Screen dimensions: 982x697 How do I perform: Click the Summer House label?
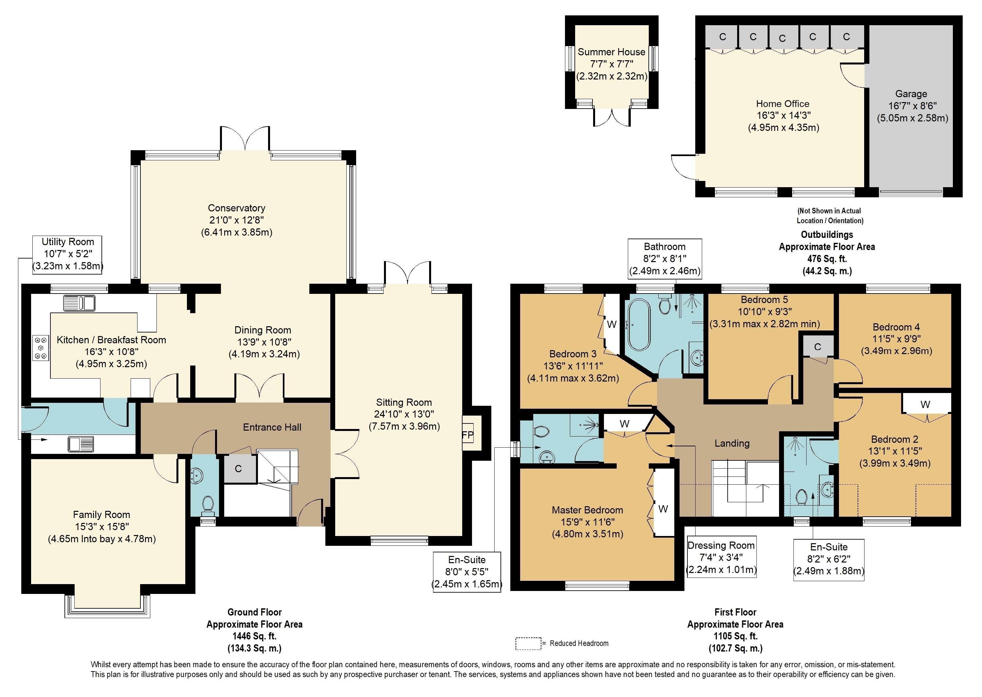tap(611, 52)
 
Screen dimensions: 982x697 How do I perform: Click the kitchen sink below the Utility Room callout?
tap(80, 303)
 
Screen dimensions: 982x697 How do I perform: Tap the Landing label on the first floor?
tap(732, 443)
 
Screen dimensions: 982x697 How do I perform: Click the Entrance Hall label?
tap(272, 427)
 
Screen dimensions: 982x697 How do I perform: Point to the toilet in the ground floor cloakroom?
tap(208, 506)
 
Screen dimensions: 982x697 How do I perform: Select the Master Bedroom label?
tap(587, 510)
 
